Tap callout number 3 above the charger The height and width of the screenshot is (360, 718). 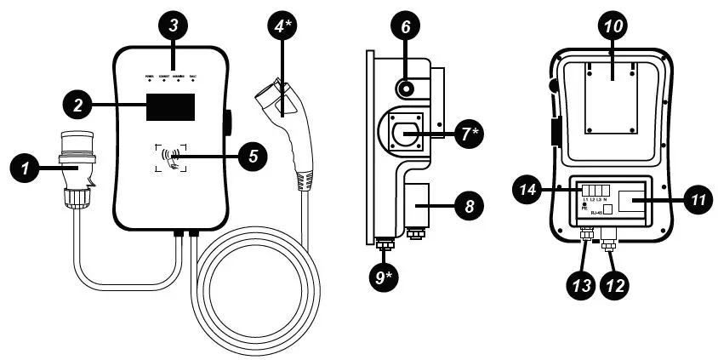coord(173,26)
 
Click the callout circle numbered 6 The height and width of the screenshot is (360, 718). coord(405,27)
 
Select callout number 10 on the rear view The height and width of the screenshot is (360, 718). coord(613,26)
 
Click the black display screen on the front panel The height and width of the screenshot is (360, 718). coord(170,107)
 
